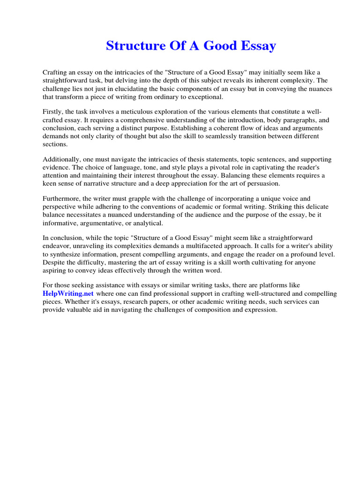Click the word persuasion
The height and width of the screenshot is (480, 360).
point(263,184)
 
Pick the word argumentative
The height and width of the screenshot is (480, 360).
point(97,223)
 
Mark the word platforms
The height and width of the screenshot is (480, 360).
point(273,285)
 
